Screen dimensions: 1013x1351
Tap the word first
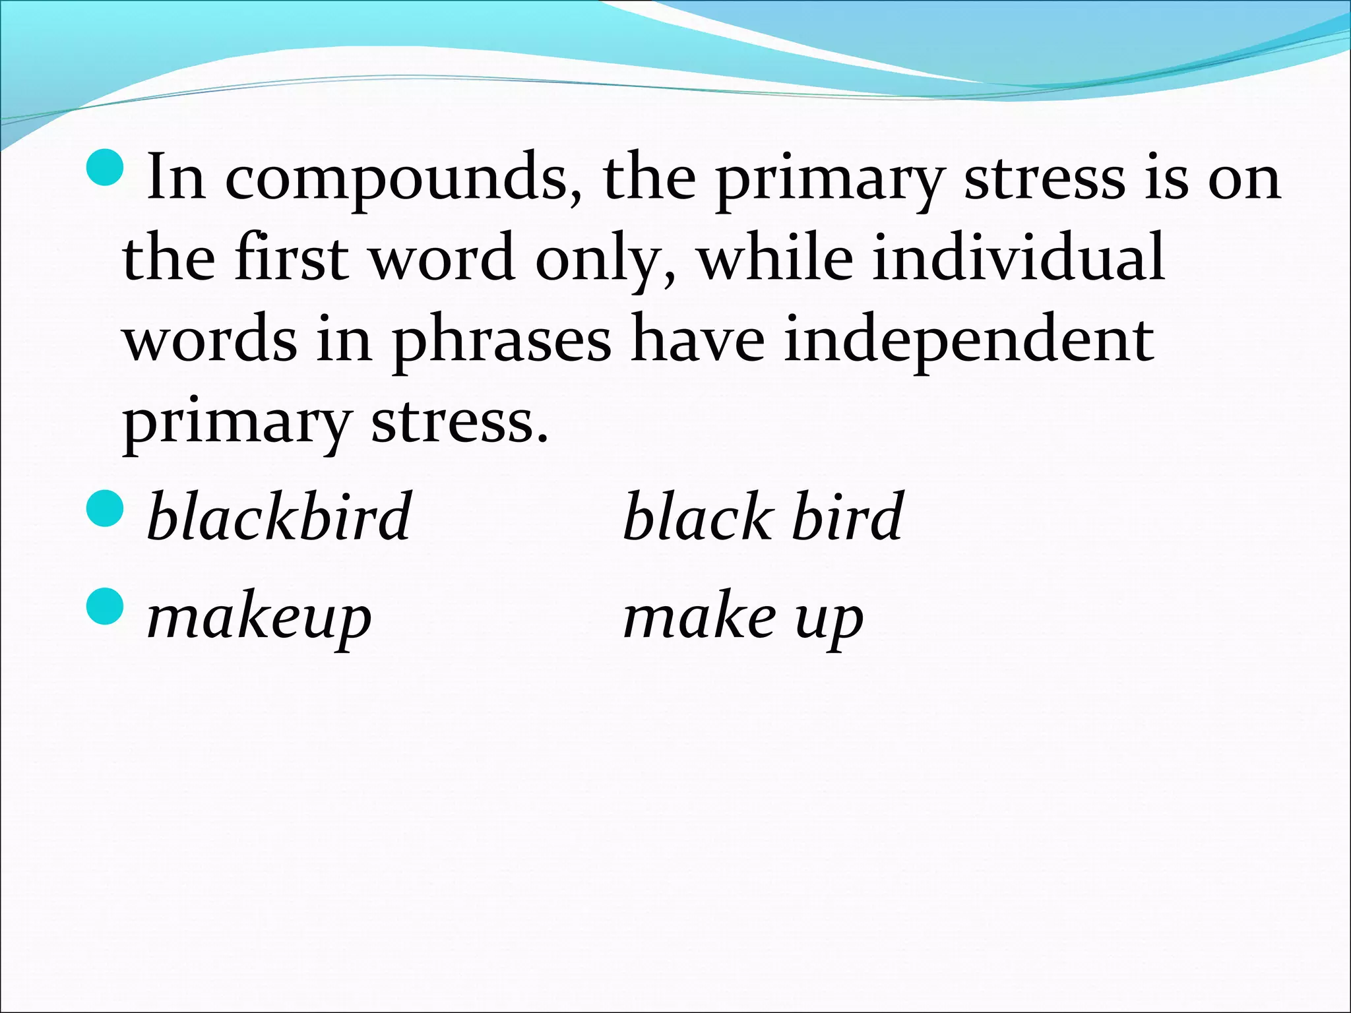[x=291, y=258]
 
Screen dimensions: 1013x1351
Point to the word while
[x=775, y=258]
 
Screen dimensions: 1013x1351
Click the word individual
[x=1019, y=258]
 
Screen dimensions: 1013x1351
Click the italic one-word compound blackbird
[x=279, y=517]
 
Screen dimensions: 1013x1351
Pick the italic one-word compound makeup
[x=259, y=620]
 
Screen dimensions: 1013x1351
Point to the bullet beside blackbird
[x=105, y=509]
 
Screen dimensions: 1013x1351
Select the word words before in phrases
[x=210, y=340]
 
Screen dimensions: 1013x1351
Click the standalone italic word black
[x=698, y=517]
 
